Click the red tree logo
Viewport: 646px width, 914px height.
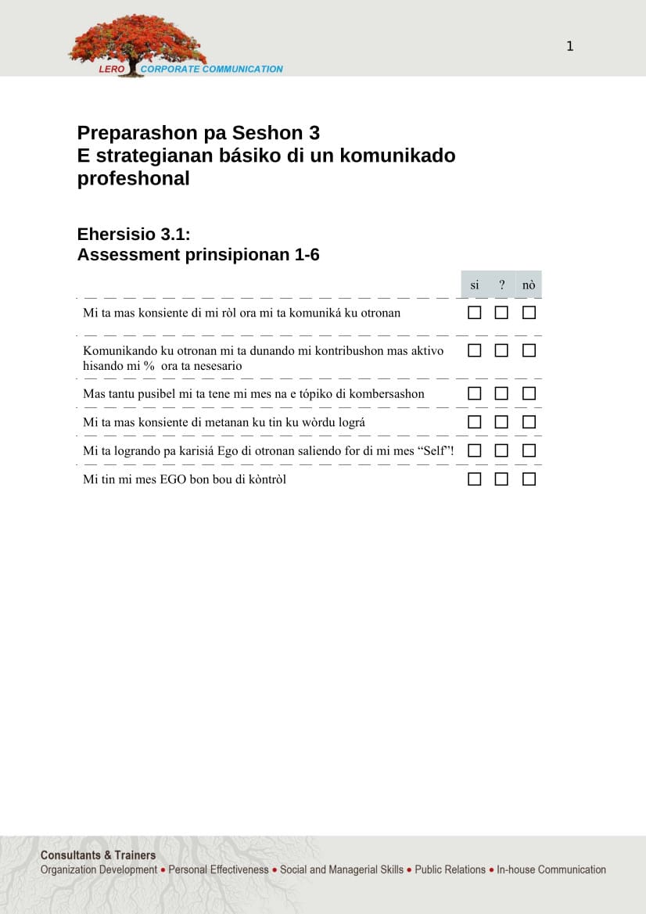pyautogui.click(x=137, y=41)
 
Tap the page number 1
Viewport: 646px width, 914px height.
pyautogui.click(x=570, y=46)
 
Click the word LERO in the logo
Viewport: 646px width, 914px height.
pyautogui.click(x=111, y=70)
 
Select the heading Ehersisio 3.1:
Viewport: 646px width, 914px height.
pyautogui.click(x=134, y=235)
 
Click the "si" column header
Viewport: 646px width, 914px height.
pyautogui.click(x=475, y=285)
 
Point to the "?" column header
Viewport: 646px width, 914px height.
pyautogui.click(x=501, y=285)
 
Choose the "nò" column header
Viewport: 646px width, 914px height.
pyautogui.click(x=529, y=285)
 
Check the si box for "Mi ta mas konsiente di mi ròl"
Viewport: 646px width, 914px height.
pyautogui.click(x=474, y=313)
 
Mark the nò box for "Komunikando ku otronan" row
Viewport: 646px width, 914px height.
pyautogui.click(x=529, y=351)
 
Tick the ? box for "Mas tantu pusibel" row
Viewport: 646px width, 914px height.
pyautogui.click(x=501, y=393)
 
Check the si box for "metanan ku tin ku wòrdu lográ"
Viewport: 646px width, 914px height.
pyautogui.click(x=474, y=422)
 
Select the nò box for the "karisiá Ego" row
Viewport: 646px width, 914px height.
pyautogui.click(x=529, y=451)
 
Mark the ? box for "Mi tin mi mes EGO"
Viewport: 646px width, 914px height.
pyautogui.click(x=501, y=479)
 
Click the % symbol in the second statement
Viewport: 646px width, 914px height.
pyautogui.click(x=149, y=366)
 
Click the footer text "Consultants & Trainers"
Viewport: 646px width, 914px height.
pyautogui.click(x=98, y=855)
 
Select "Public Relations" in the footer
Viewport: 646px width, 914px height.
pyautogui.click(x=450, y=869)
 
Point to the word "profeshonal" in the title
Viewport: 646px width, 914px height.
pyautogui.click(x=133, y=178)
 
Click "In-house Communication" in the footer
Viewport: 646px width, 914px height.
pyautogui.click(x=551, y=869)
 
